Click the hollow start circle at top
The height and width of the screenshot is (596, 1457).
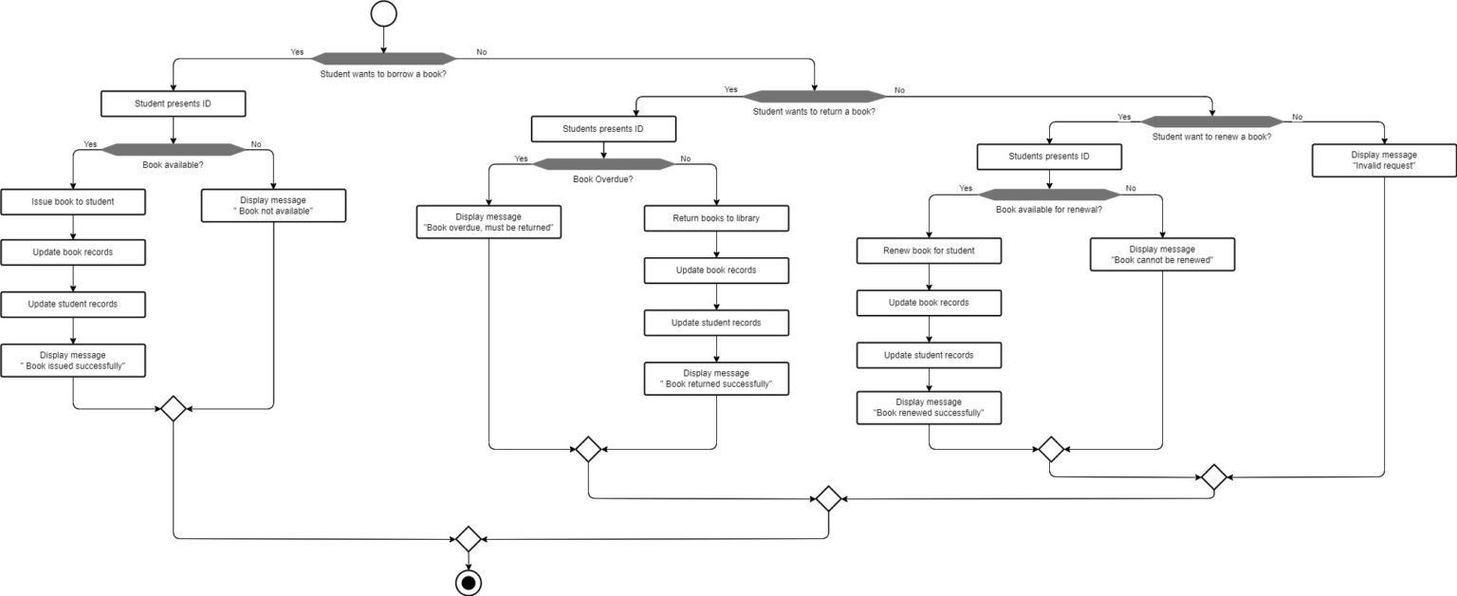tap(383, 13)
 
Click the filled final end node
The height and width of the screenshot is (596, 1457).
tap(468, 581)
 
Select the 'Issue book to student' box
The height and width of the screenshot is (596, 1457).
tap(73, 201)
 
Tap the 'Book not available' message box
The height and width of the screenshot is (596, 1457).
tap(273, 206)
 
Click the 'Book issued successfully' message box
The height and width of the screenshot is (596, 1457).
tap(73, 361)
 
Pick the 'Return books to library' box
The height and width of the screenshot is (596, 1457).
tap(716, 218)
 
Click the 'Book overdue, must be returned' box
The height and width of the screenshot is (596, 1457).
tap(489, 223)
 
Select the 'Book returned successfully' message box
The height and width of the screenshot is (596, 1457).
tap(716, 379)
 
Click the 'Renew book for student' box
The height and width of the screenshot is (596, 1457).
tap(929, 251)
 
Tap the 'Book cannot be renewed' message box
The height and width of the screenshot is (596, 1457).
tap(1162, 254)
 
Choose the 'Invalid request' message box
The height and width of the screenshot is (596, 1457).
tap(1384, 159)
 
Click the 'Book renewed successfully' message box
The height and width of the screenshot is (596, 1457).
tap(929, 407)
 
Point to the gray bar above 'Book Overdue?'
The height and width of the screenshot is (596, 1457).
tap(603, 163)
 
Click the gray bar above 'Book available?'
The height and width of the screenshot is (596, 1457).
tap(173, 149)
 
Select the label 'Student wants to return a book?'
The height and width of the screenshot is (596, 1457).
tap(814, 111)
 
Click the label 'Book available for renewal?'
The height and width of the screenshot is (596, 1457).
tap(1048, 209)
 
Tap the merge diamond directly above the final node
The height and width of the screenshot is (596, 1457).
tap(468, 539)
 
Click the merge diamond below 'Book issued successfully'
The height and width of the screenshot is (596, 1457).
tap(173, 409)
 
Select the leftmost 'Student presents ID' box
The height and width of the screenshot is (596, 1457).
tap(173, 103)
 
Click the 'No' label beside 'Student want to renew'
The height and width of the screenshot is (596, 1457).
tap(1297, 118)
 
